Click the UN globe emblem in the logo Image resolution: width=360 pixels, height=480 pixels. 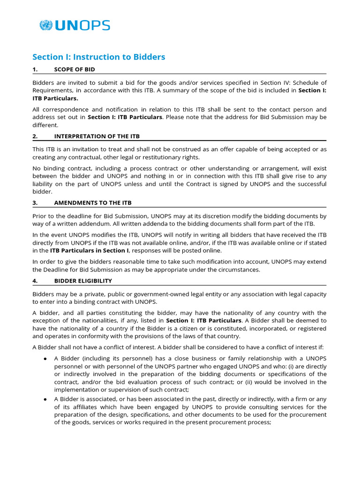point(46,25)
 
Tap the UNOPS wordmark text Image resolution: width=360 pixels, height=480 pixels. point(82,25)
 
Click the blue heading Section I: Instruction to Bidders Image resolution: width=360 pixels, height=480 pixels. point(98,57)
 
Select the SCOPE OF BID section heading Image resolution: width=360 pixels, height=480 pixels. point(75,69)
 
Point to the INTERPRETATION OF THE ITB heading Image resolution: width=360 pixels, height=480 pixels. point(97,136)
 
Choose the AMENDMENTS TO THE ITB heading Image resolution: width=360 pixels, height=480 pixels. point(93,202)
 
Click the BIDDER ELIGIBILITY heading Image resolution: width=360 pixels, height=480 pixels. point(83,281)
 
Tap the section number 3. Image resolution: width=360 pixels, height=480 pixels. point(35,202)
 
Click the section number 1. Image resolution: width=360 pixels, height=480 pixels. point(34,69)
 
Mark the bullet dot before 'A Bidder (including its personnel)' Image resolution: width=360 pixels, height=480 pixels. point(45,359)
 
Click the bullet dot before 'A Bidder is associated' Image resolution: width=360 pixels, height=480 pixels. point(45,399)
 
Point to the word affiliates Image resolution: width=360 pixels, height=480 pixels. point(82,407)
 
